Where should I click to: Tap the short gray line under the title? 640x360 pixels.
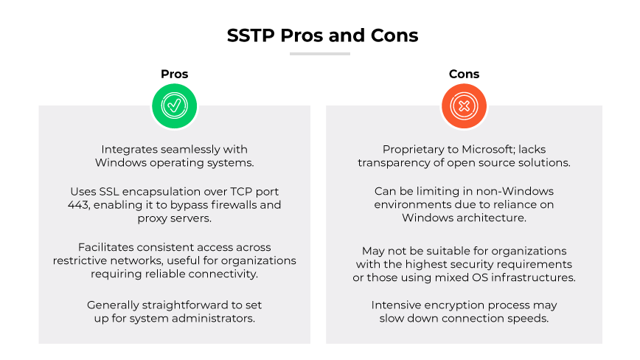click(320, 54)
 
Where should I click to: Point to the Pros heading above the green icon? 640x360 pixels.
click(174, 74)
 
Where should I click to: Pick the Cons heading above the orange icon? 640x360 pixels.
click(464, 74)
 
